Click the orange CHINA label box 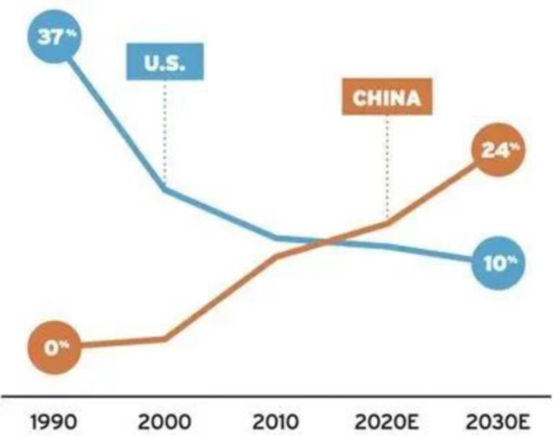(x=387, y=99)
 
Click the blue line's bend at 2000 (x=164, y=189)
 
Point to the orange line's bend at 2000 (x=164, y=339)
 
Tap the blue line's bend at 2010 (x=276, y=238)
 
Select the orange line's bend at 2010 (x=276, y=257)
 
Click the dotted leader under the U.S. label (x=164, y=130)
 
